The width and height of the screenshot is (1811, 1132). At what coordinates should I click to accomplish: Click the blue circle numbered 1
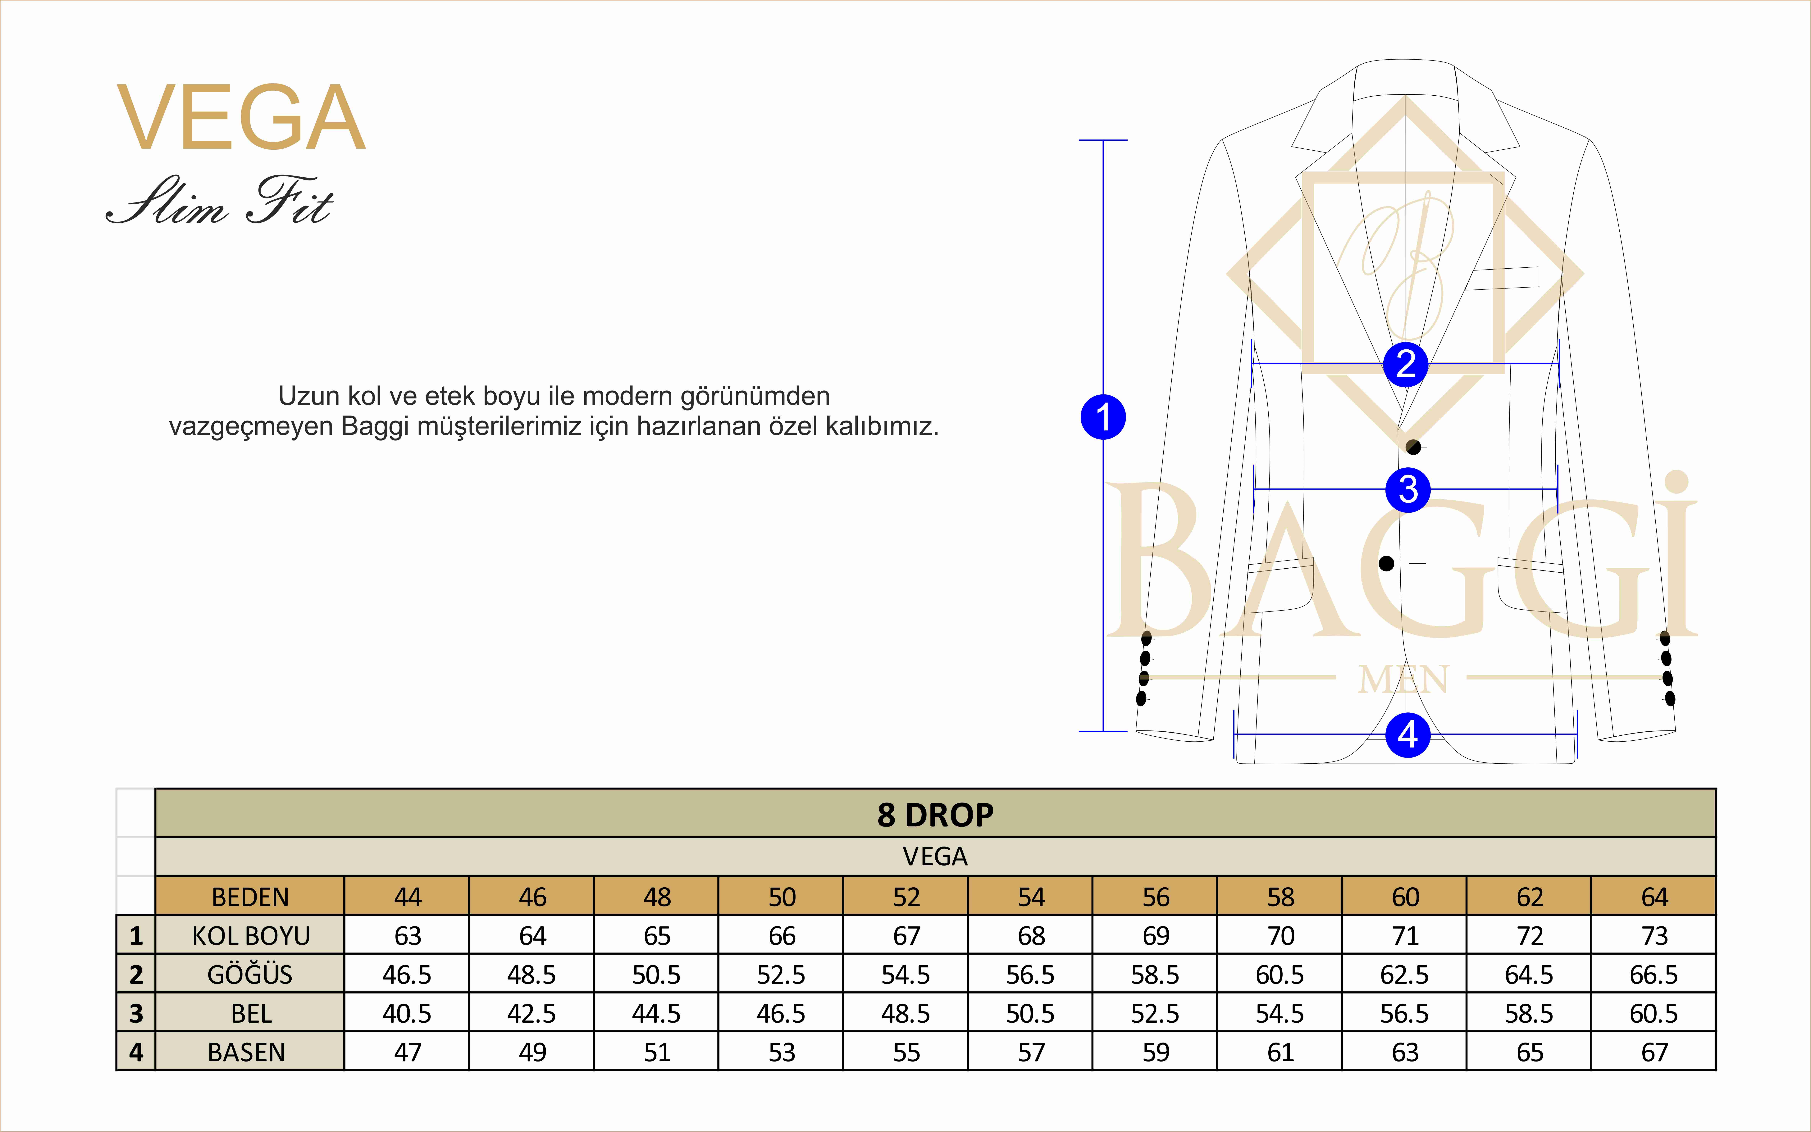tap(1103, 417)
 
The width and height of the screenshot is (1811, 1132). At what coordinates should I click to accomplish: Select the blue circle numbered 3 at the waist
tap(1407, 490)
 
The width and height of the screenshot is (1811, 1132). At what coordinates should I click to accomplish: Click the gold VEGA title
tap(241, 118)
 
